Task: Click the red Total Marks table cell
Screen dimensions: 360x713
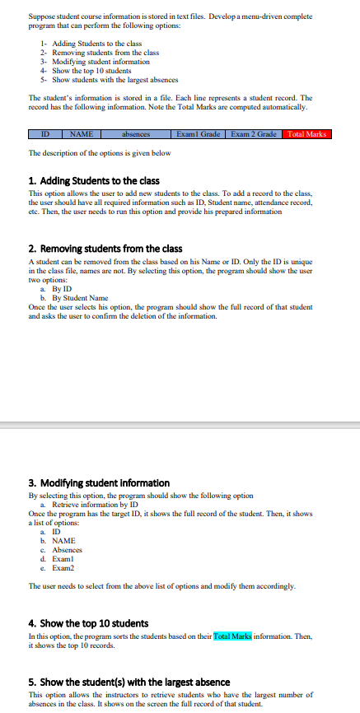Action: click(306, 134)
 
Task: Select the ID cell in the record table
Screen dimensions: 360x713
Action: click(45, 134)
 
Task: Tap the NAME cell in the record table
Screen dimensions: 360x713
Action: click(81, 134)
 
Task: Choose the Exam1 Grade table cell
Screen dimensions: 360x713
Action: click(199, 134)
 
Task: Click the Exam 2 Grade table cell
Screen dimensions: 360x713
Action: click(254, 134)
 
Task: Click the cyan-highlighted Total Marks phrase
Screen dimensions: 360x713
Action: click(232, 635)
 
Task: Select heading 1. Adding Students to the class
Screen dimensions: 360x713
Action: click(94, 180)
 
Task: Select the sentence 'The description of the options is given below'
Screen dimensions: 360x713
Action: click(99, 153)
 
